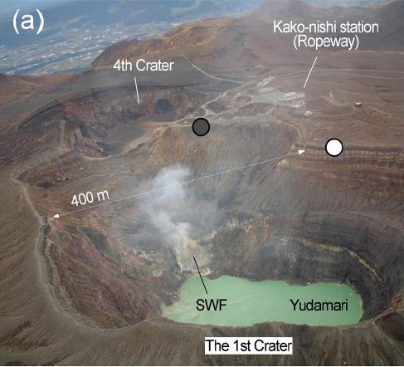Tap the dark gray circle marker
click(x=201, y=127)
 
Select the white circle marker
click(x=334, y=147)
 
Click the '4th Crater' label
click(x=144, y=66)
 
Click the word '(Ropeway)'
click(x=326, y=42)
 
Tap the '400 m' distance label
click(x=90, y=198)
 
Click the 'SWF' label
click(x=212, y=306)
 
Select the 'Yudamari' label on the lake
click(x=319, y=306)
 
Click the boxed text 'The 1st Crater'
click(x=248, y=345)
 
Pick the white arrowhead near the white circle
click(x=301, y=152)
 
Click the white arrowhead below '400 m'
click(x=56, y=216)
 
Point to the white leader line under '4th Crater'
click(x=137, y=91)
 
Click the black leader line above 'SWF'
click(x=201, y=275)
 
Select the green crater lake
click(x=263, y=301)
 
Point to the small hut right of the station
click(x=358, y=105)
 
